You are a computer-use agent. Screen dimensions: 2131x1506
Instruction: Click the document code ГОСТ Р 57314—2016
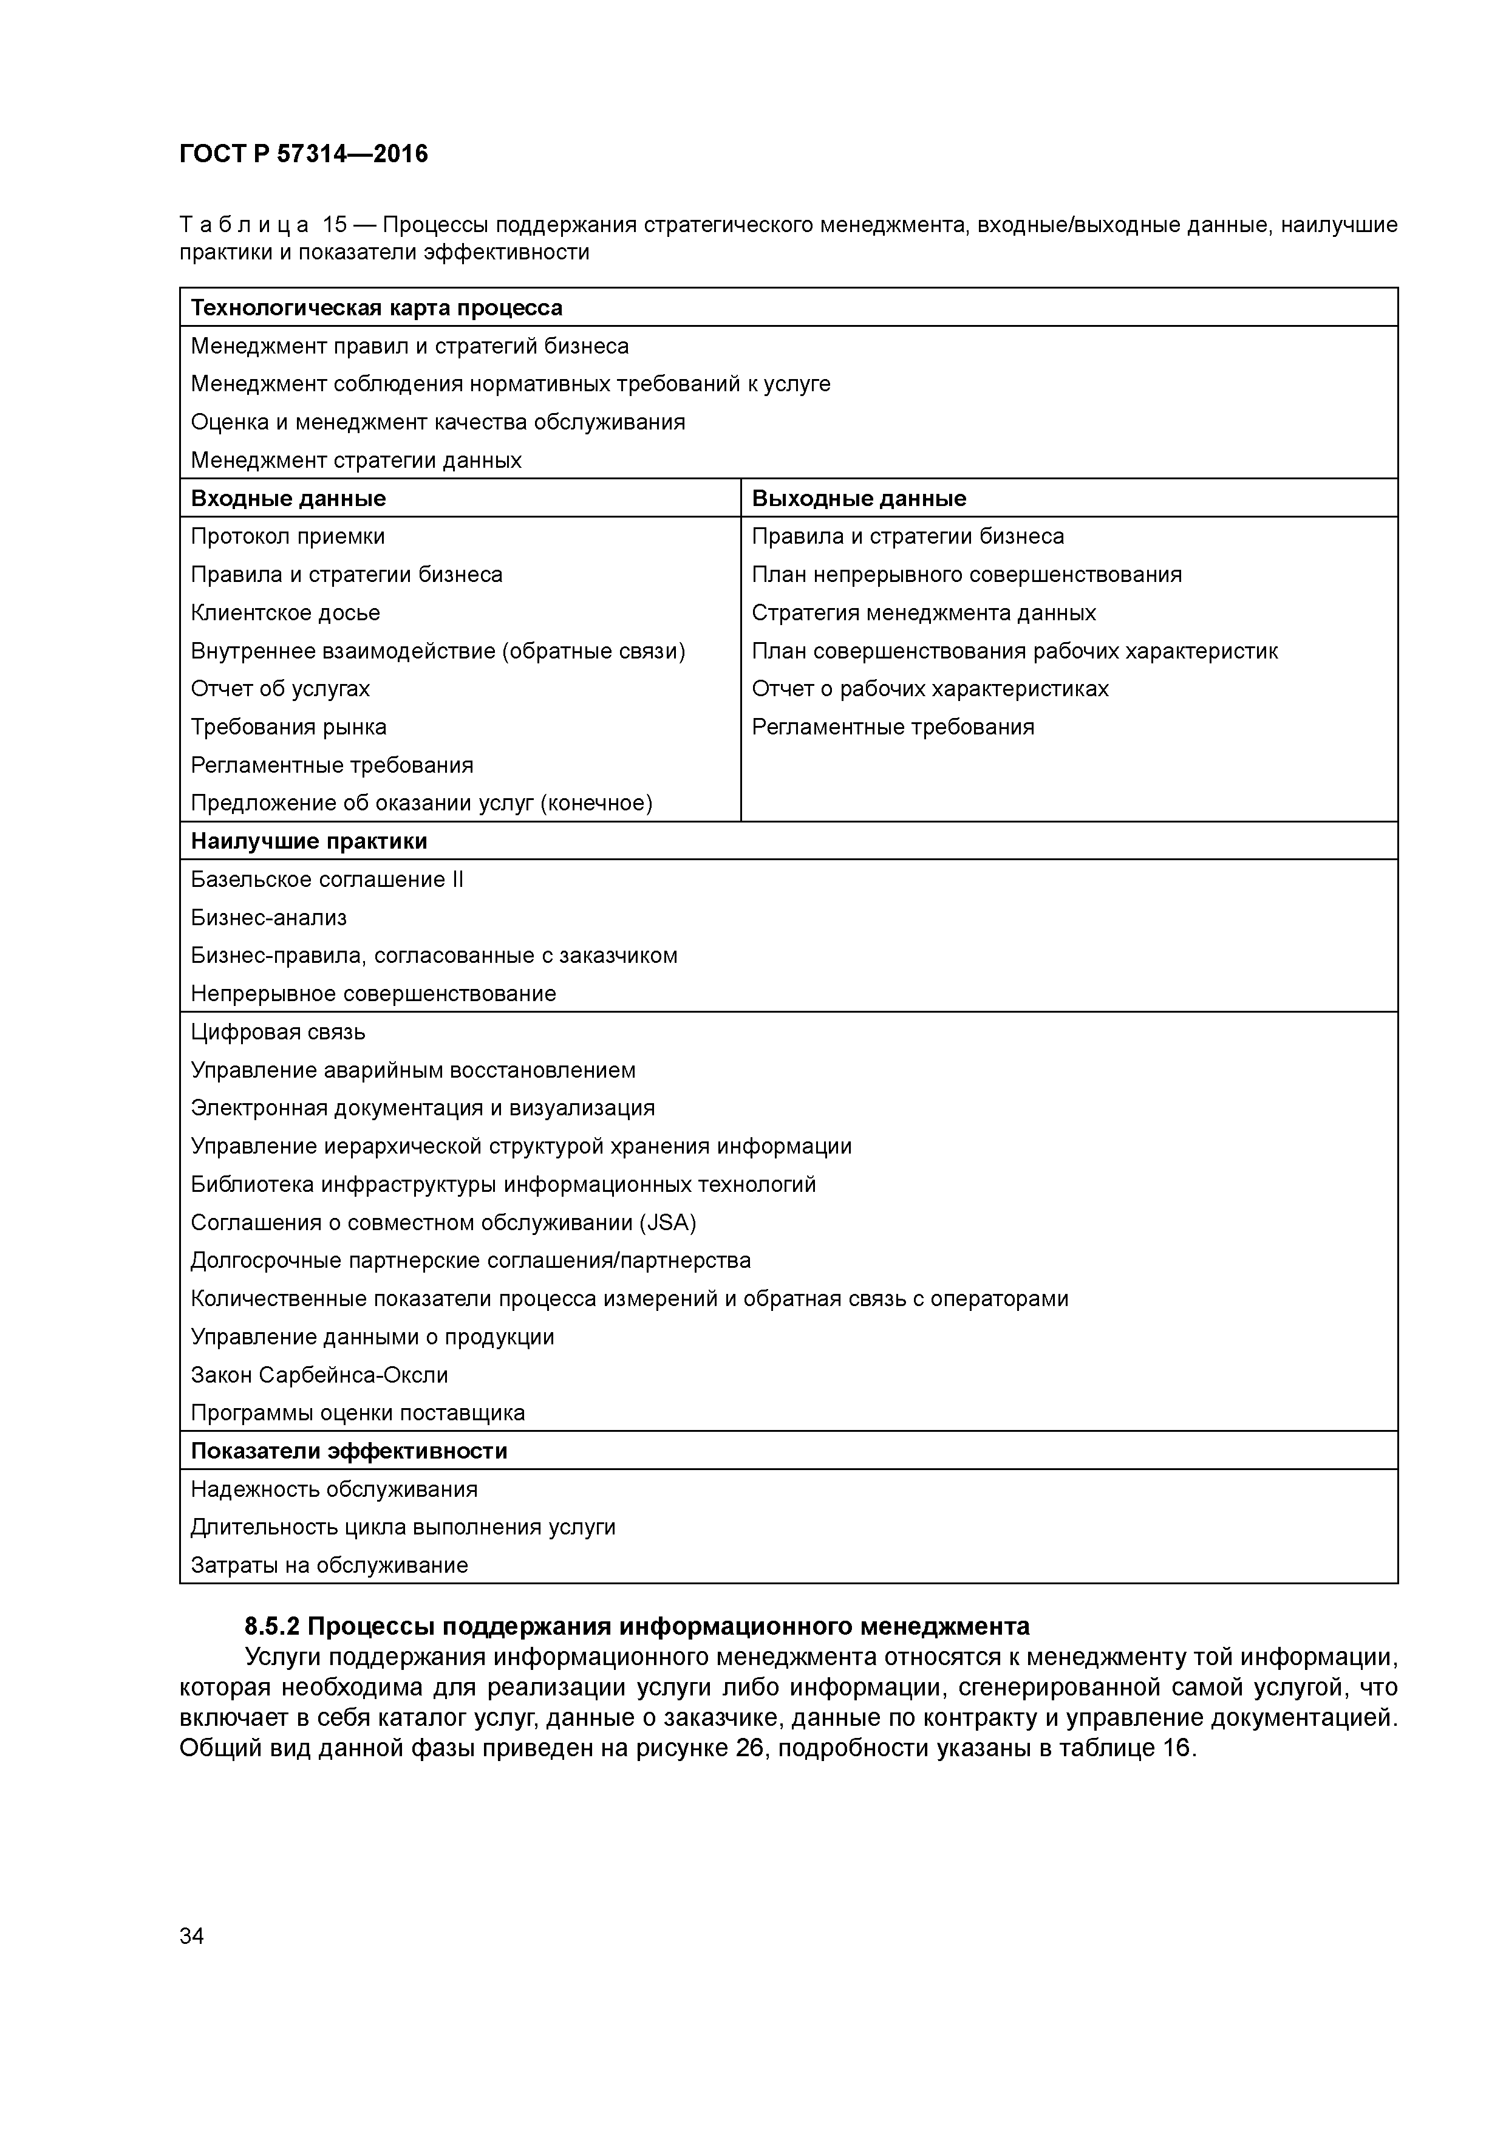(x=304, y=154)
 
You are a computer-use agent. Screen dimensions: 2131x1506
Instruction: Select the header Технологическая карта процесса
(x=376, y=308)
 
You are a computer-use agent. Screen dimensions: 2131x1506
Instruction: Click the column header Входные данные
(x=288, y=498)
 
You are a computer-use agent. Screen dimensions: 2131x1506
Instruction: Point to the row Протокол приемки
(x=288, y=536)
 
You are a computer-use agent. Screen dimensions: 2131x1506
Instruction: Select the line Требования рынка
(x=288, y=727)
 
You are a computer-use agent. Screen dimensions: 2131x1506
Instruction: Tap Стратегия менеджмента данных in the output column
(x=923, y=612)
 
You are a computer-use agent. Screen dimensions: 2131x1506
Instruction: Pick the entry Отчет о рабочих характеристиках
(x=930, y=689)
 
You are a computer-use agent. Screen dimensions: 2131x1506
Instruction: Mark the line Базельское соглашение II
(x=327, y=880)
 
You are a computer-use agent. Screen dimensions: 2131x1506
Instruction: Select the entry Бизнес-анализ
(x=268, y=918)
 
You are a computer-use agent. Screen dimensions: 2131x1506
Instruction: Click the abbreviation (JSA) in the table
(x=667, y=1222)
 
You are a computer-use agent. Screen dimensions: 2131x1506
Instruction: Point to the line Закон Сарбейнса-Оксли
(x=319, y=1375)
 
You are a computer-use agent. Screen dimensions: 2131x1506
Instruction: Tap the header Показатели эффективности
(x=349, y=1451)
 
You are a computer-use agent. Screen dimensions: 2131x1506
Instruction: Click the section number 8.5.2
(x=272, y=1627)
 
